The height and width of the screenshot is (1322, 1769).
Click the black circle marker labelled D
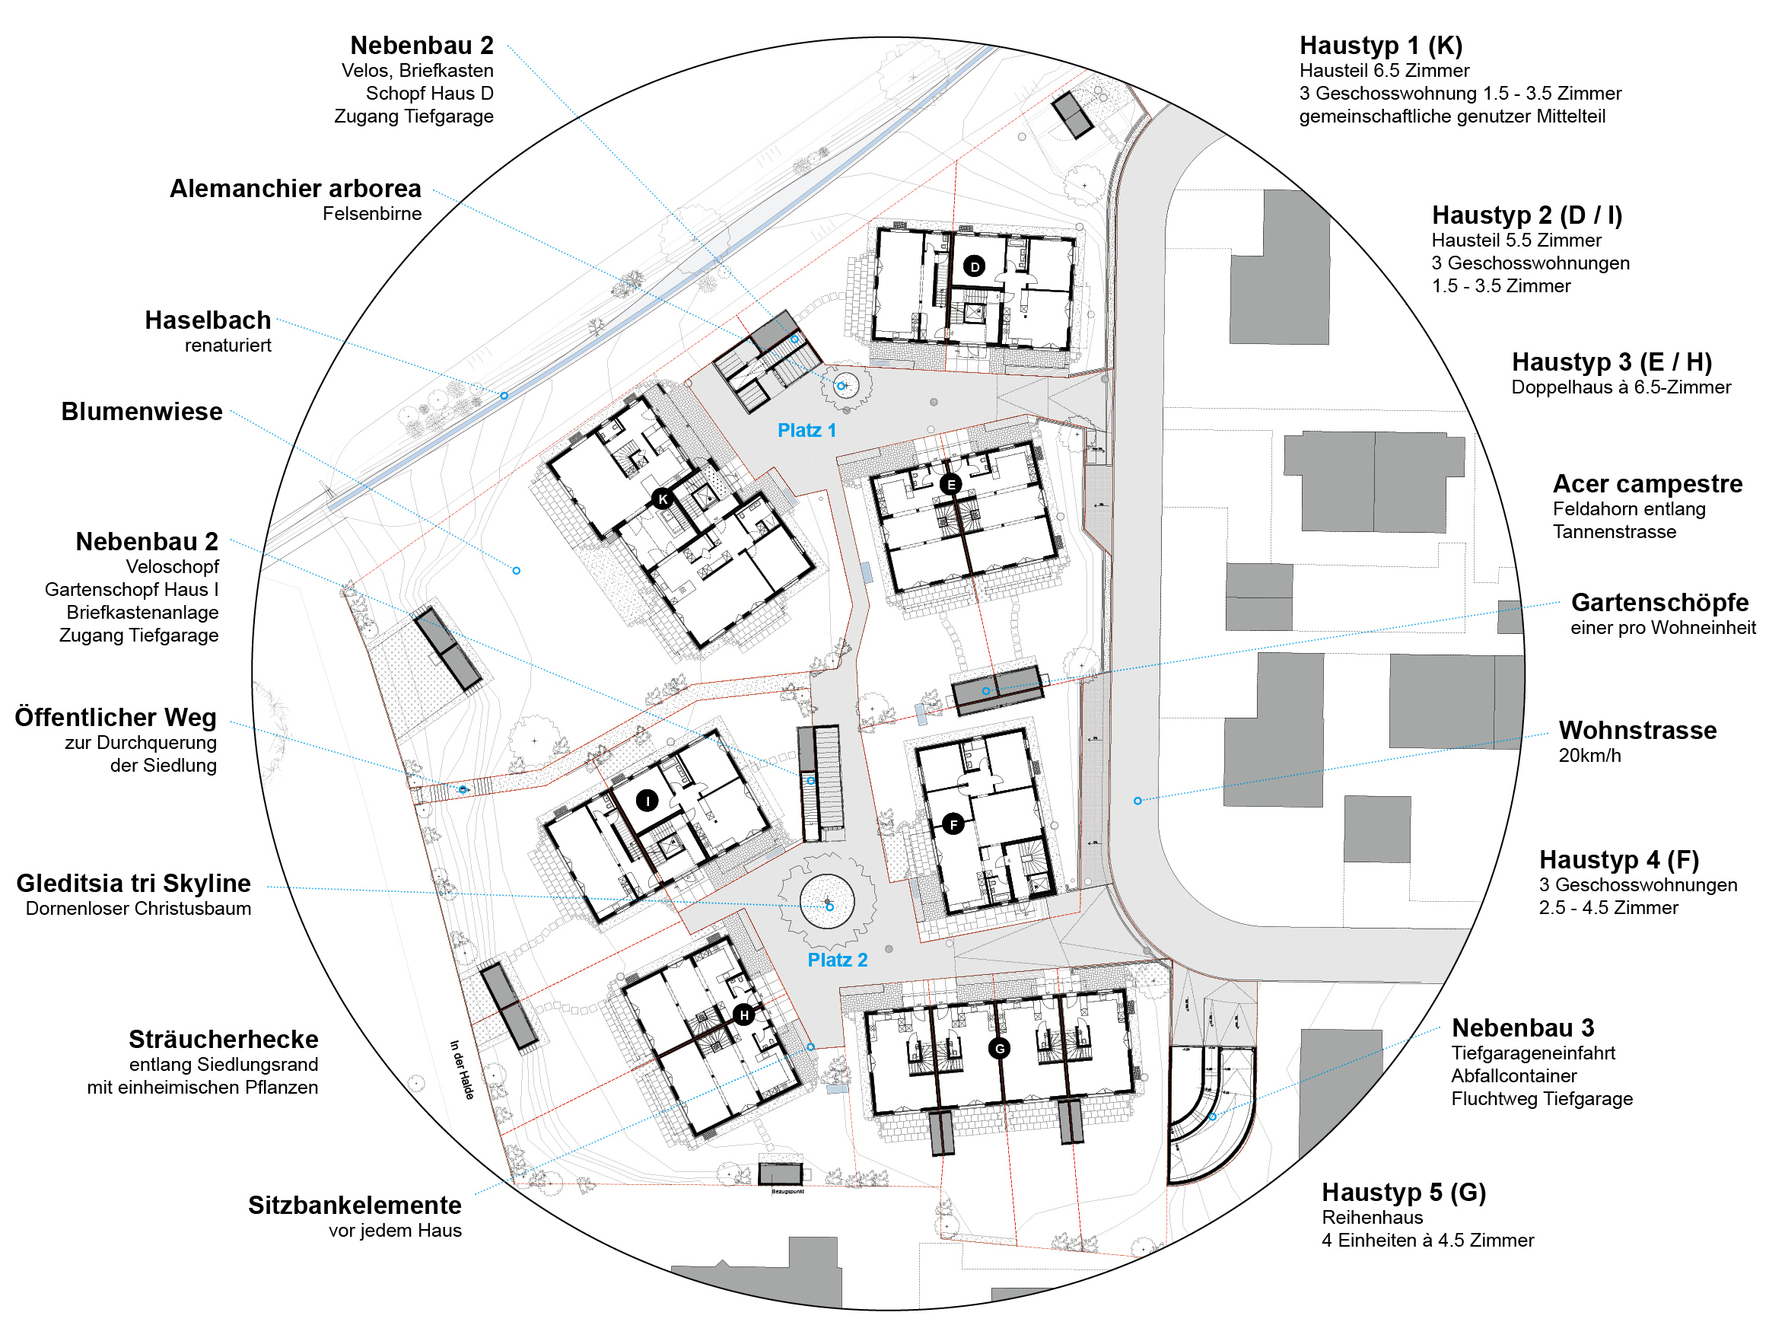pyautogui.click(x=973, y=266)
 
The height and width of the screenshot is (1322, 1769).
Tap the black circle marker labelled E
pyautogui.click(x=950, y=484)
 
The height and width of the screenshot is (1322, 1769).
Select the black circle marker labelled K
pyautogui.click(x=662, y=499)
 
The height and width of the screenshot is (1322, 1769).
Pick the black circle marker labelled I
pyautogui.click(x=647, y=800)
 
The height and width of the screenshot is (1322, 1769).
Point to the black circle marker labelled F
pyautogui.click(x=953, y=823)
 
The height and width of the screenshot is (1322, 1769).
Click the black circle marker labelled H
pyautogui.click(x=744, y=1015)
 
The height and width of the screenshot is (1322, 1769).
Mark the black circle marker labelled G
pyautogui.click(x=999, y=1049)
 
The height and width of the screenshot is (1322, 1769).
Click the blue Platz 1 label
pyautogui.click(x=807, y=430)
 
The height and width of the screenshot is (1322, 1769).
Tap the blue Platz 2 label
pyautogui.click(x=837, y=960)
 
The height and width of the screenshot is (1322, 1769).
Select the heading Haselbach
pyautogui.click(x=208, y=320)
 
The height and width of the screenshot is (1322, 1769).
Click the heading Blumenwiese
pyautogui.click(x=142, y=411)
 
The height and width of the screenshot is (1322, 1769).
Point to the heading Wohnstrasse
pyautogui.click(x=1637, y=730)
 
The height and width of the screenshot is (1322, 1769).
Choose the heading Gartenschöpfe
pyautogui.click(x=1659, y=602)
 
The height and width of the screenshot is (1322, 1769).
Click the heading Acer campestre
pyautogui.click(x=1647, y=484)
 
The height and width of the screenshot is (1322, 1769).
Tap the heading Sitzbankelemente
pyautogui.click(x=355, y=1205)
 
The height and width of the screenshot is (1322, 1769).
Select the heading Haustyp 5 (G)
pyautogui.click(x=1404, y=1193)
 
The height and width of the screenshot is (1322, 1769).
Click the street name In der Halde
pyautogui.click(x=461, y=1069)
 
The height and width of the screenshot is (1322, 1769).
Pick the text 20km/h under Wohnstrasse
pyautogui.click(x=1589, y=756)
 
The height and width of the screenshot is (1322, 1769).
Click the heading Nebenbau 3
pyautogui.click(x=1522, y=1027)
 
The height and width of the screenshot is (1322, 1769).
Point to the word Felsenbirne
pyautogui.click(x=372, y=214)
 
